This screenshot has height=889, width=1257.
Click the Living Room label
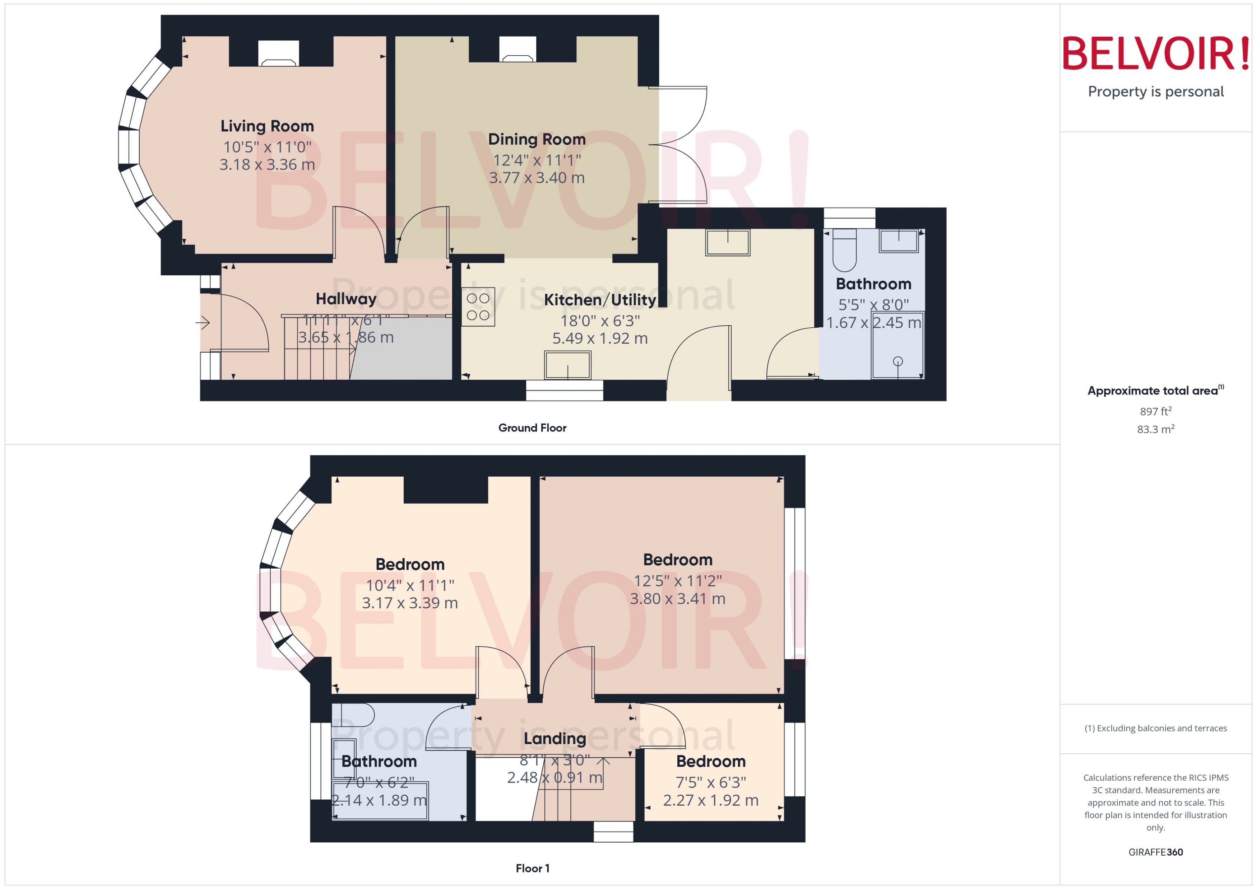pyautogui.click(x=267, y=126)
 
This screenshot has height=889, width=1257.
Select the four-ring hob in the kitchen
pyautogui.click(x=478, y=307)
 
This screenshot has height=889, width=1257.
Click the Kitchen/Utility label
pyautogui.click(x=600, y=300)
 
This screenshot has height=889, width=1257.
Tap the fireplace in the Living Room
pyautogui.click(x=278, y=53)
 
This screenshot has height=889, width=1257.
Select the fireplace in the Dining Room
pyautogui.click(x=517, y=50)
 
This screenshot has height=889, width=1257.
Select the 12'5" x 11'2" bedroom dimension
pyautogui.click(x=677, y=581)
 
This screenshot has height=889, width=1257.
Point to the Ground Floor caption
pyautogui.click(x=532, y=428)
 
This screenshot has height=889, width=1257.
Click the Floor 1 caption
pyautogui.click(x=532, y=868)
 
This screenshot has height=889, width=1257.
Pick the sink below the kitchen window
pyautogui.click(x=567, y=365)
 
